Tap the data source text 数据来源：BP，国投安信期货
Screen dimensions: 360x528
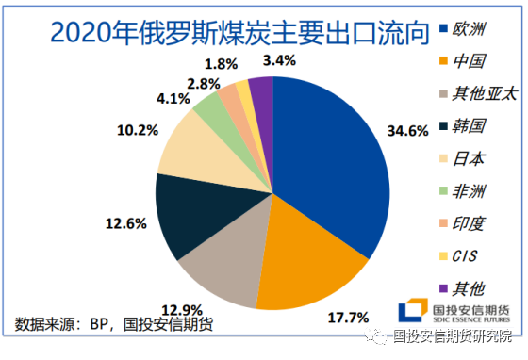click(113, 324)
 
